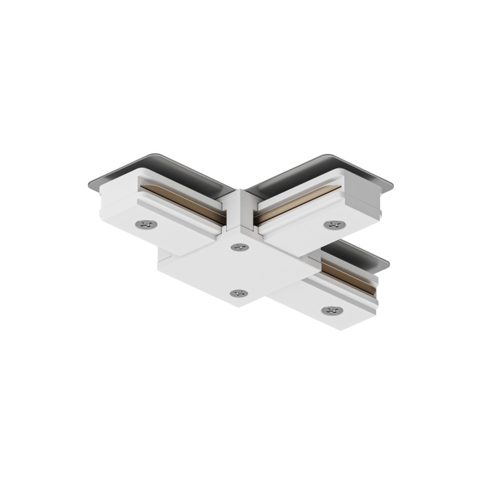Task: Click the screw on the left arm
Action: click(145, 224)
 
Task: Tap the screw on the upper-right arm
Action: click(335, 225)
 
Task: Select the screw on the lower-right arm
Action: click(331, 311)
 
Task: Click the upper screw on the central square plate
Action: click(239, 247)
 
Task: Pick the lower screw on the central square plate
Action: click(237, 293)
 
